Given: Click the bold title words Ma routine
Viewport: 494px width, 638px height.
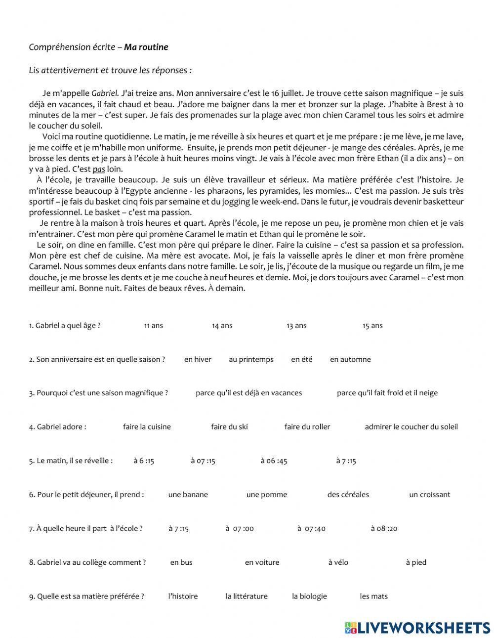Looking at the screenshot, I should pos(146,47).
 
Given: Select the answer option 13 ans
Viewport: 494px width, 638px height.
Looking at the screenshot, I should pos(296,326).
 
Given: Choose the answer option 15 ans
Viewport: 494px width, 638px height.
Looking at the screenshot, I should pos(372,326).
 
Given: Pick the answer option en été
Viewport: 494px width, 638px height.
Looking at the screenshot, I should pos(301,359).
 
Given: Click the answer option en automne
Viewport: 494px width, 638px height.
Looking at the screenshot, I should pos(350,359).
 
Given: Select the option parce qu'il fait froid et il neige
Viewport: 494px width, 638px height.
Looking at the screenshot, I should pos(387,393).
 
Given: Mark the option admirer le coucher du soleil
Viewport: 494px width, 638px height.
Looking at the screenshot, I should pos(411,427).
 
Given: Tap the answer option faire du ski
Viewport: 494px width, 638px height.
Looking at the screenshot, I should pos(229,427).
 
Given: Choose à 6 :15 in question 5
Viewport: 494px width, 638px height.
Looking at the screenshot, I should pos(144,461).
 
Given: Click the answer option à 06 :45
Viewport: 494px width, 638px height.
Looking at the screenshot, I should pos(274,461).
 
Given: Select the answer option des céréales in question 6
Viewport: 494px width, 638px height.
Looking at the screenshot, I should pos(348,495).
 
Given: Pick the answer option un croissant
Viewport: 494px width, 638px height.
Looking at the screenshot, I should pos(429,495).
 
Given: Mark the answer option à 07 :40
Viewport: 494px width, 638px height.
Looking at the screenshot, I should pos(311,529).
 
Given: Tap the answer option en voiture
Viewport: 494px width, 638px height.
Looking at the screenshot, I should pos(262,562).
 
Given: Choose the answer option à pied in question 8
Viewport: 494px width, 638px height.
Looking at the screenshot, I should pos(416,562).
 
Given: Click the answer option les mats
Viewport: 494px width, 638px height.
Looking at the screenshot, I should pos(373,596).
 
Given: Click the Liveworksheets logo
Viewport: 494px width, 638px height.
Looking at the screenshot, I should pos(417,627).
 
